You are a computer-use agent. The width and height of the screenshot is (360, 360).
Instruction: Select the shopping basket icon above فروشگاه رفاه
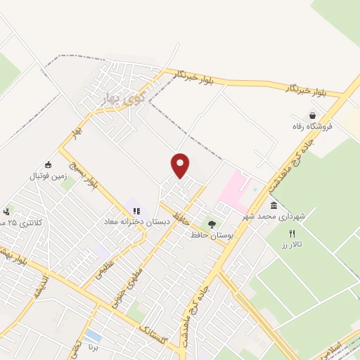312,115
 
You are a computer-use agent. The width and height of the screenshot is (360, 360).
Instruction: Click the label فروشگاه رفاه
312,127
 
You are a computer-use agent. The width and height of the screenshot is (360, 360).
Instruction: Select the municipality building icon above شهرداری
274,205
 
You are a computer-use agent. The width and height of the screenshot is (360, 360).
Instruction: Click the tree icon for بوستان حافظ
212,224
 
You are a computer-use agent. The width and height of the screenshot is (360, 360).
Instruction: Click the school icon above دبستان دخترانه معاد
136,210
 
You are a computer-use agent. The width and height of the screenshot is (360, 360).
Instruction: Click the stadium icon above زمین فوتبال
48,165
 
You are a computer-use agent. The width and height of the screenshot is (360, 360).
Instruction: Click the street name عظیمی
106,270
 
